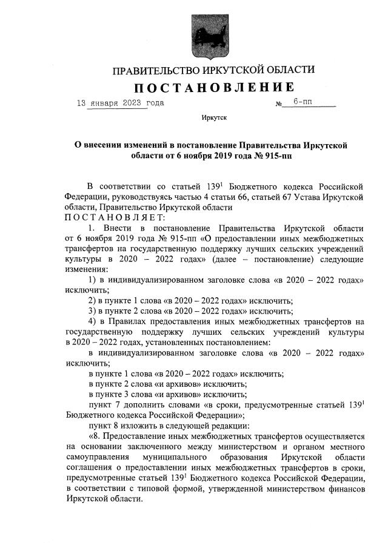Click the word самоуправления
point(95,457)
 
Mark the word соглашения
point(85,468)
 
